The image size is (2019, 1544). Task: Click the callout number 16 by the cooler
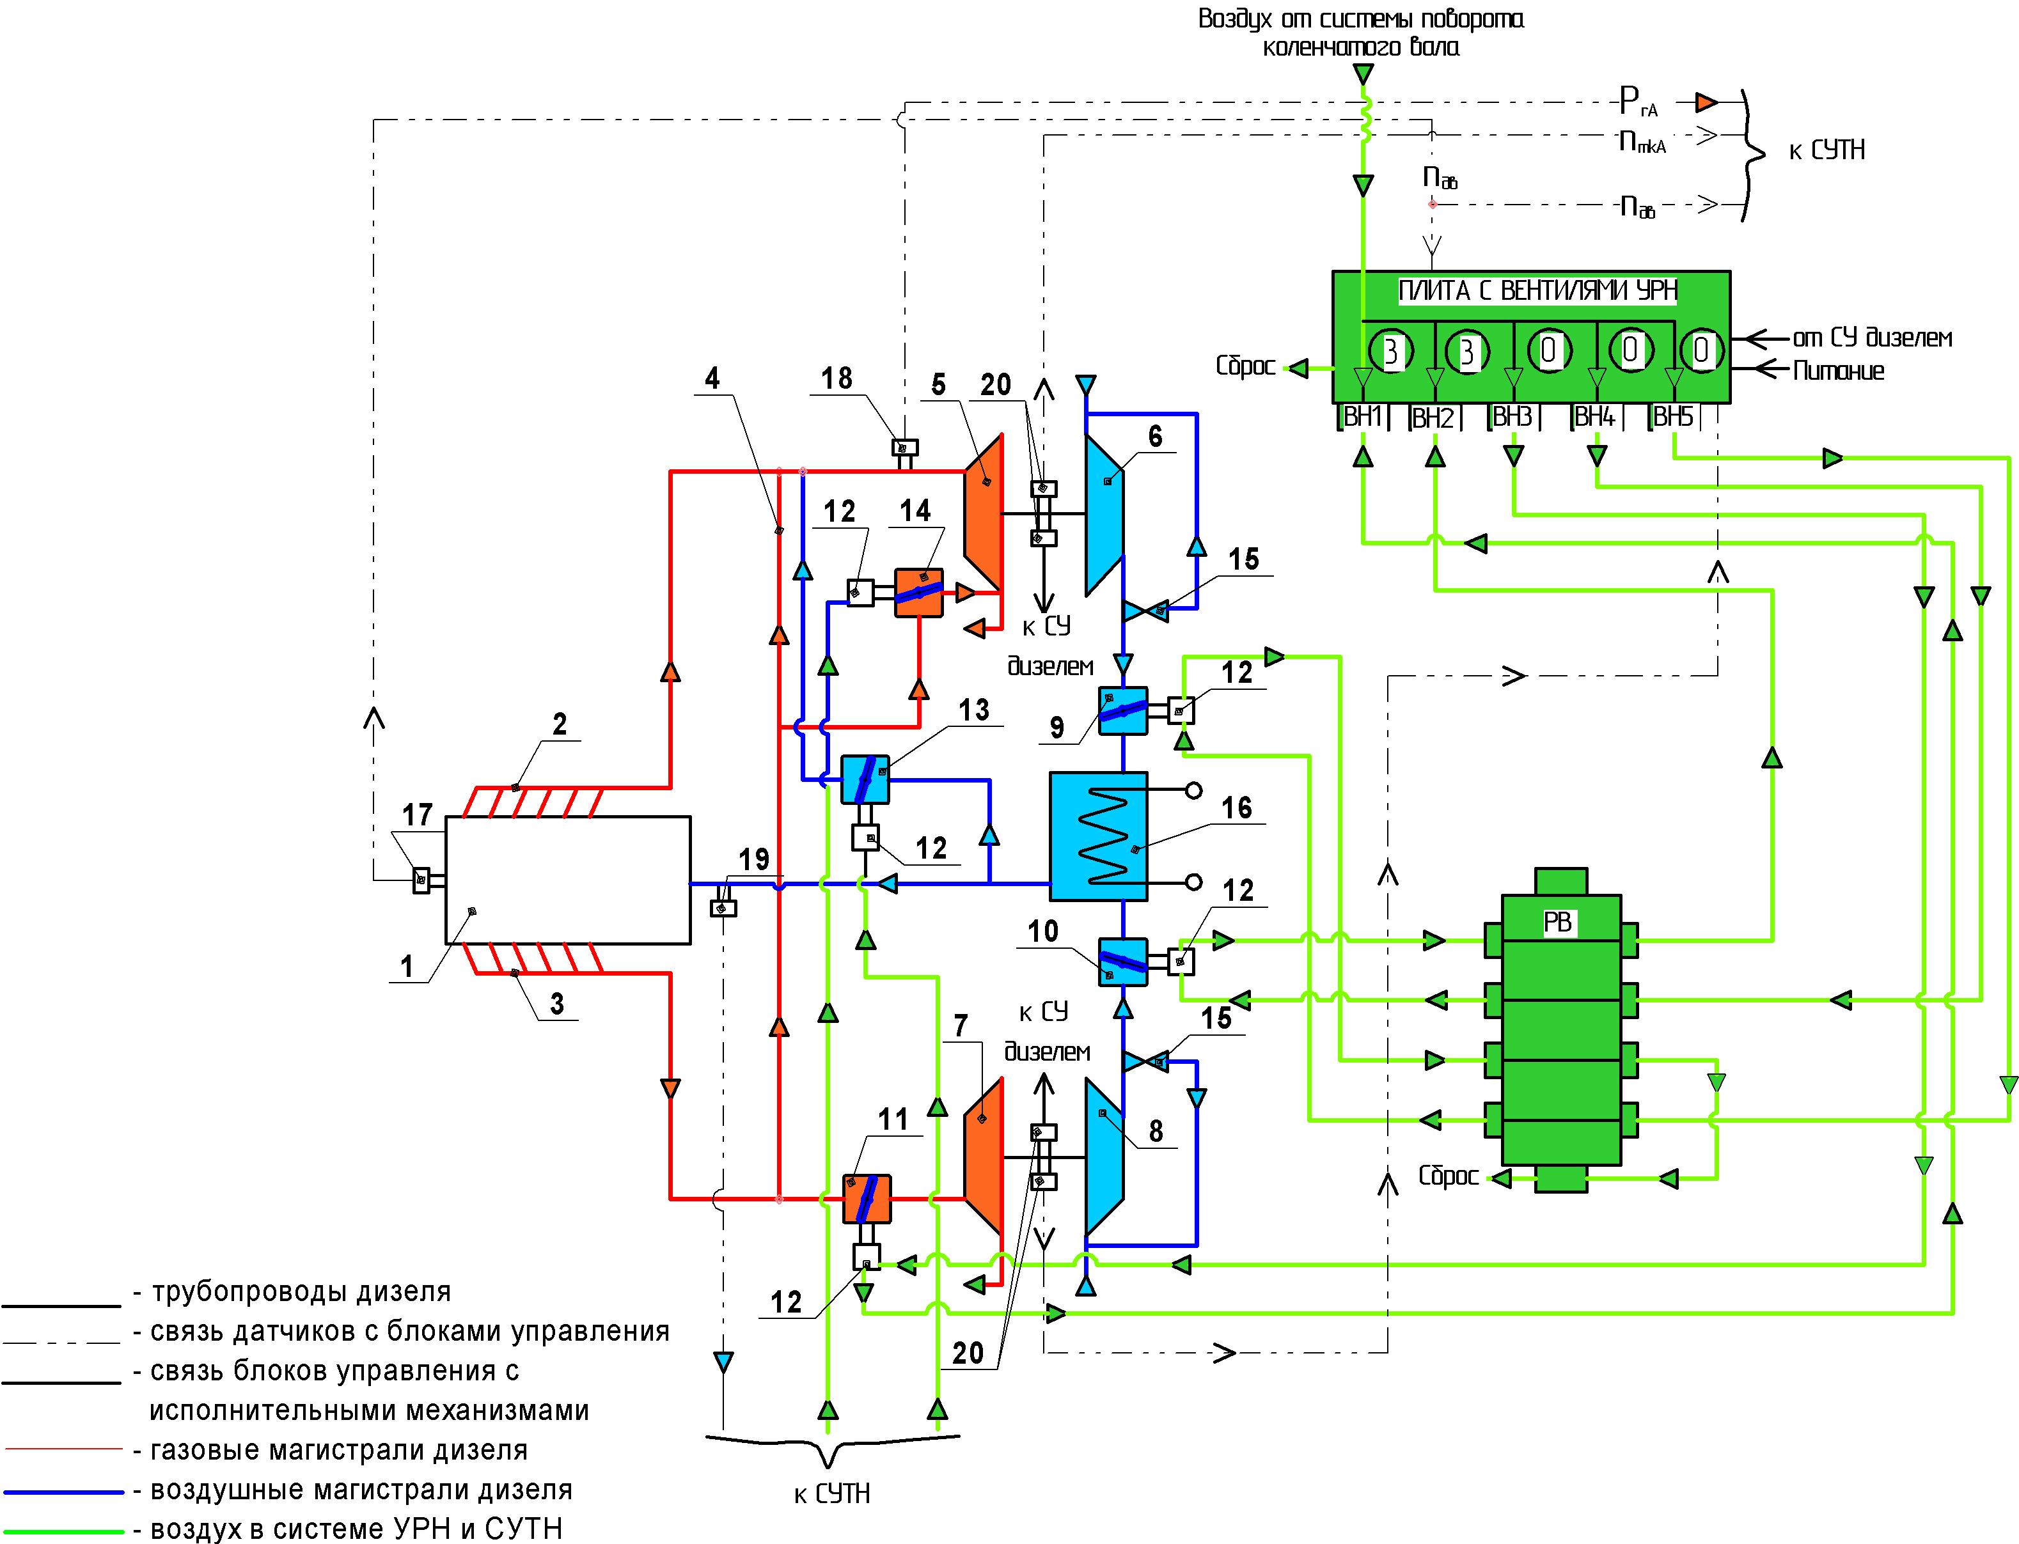click(1237, 808)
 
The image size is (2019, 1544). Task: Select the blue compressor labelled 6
click(1104, 514)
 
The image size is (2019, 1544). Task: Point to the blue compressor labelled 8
click(1104, 1157)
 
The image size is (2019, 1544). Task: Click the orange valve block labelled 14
click(918, 593)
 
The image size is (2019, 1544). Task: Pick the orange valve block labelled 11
click(866, 1198)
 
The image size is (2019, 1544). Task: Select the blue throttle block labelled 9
click(1122, 710)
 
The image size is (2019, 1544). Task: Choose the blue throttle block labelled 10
click(1122, 962)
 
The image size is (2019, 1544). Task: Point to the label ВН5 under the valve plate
click(1673, 417)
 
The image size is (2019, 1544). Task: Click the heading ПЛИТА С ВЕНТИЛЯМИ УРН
click(1537, 292)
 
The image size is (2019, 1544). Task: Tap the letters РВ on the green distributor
click(1557, 922)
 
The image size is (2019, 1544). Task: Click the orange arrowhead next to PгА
click(1708, 100)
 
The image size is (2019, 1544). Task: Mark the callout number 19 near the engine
click(754, 859)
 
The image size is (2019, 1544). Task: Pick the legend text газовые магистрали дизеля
click(338, 1450)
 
